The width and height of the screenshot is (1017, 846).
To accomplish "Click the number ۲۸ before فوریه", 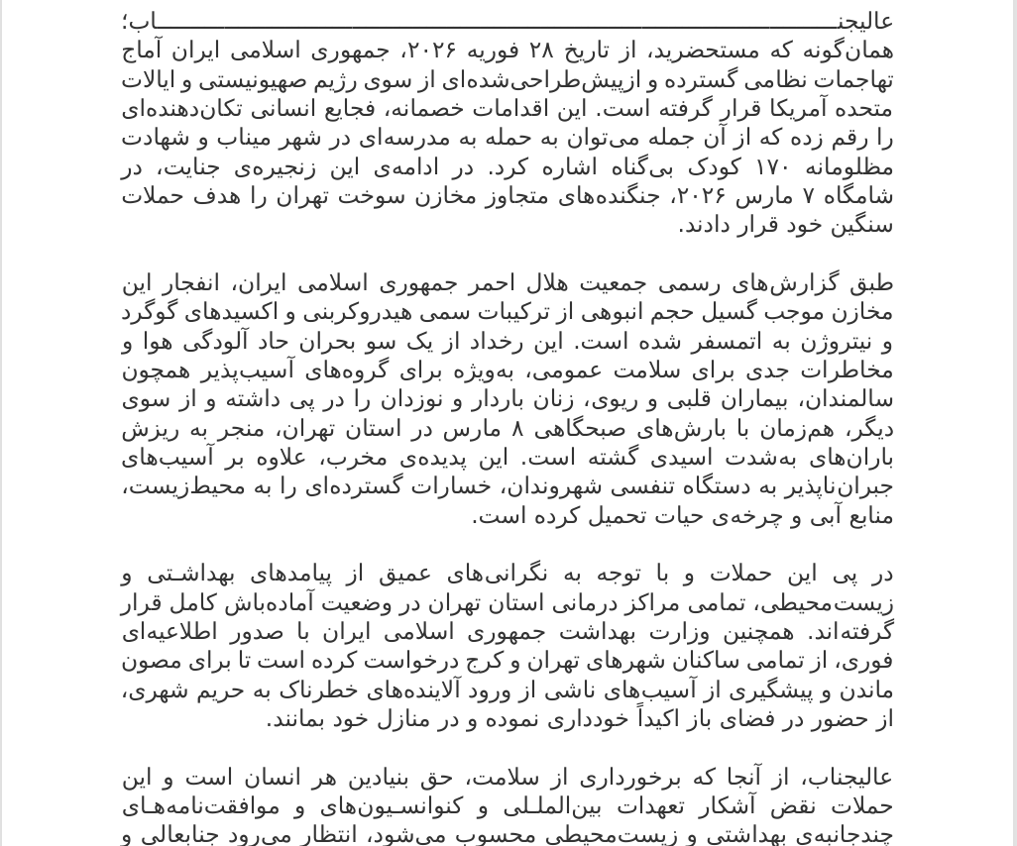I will (x=540, y=51).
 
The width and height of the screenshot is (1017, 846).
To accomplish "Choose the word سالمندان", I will (x=850, y=400).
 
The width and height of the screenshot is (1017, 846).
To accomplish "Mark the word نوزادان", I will (x=418, y=400).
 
